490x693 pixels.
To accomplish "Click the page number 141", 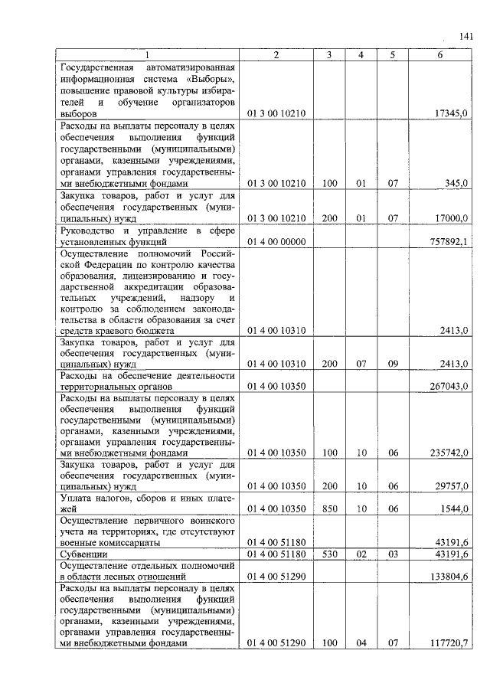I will [x=467, y=36].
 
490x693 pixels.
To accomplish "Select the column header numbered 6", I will [x=440, y=55].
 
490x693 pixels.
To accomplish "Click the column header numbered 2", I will [x=276, y=55].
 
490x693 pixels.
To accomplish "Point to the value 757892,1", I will [x=449, y=242].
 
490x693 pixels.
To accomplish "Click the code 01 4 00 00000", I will [x=276, y=242].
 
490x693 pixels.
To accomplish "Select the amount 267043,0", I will [x=449, y=386].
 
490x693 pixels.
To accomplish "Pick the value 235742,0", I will [x=449, y=453].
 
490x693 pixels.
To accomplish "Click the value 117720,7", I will [x=449, y=643].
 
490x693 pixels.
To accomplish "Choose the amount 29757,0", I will [x=451, y=485].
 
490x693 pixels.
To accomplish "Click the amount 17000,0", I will [x=451, y=218].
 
